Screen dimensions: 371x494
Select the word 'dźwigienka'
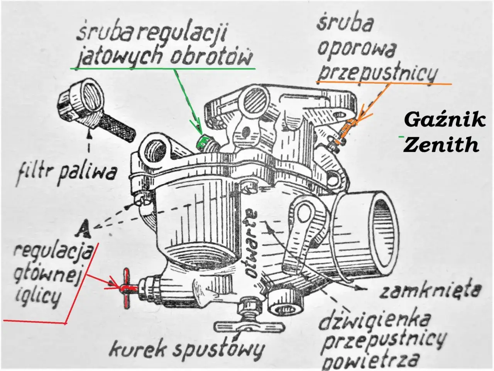click(x=375, y=320)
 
